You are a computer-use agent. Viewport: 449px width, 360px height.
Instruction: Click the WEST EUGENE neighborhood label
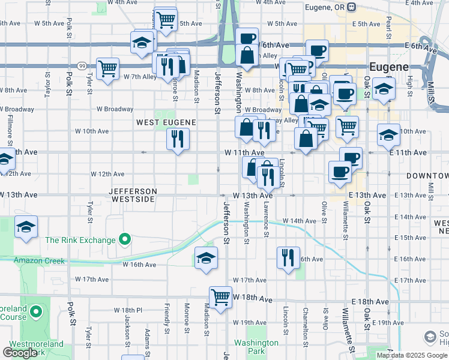(166, 122)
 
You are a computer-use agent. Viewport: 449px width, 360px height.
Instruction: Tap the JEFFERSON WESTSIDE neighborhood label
(133, 194)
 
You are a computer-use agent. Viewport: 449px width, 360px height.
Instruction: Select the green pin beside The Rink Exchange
(125, 240)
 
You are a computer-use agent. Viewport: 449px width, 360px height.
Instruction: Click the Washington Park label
(256, 347)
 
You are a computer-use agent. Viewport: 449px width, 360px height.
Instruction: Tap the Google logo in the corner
(20, 352)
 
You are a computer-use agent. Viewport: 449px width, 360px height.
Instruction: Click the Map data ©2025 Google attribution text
(411, 355)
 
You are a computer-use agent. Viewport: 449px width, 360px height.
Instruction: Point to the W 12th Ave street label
(107, 174)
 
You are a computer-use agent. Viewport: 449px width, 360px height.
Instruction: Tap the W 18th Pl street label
(128, 310)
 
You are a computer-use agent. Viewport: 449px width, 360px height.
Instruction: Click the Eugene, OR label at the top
(325, 7)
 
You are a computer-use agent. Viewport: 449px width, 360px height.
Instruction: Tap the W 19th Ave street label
(250, 323)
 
